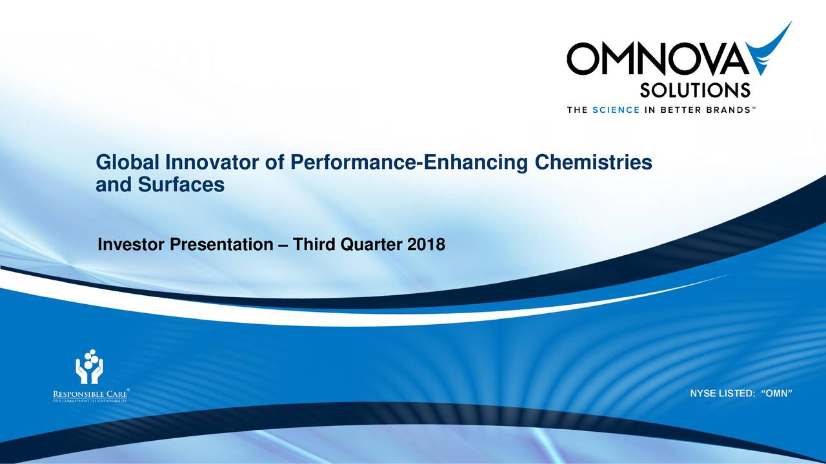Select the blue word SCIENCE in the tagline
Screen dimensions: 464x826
[615, 110]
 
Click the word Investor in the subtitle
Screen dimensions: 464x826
[131, 246]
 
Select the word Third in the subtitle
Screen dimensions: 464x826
[314, 246]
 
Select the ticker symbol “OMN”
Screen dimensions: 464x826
[776, 394]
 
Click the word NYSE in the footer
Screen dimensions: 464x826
[703, 394]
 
